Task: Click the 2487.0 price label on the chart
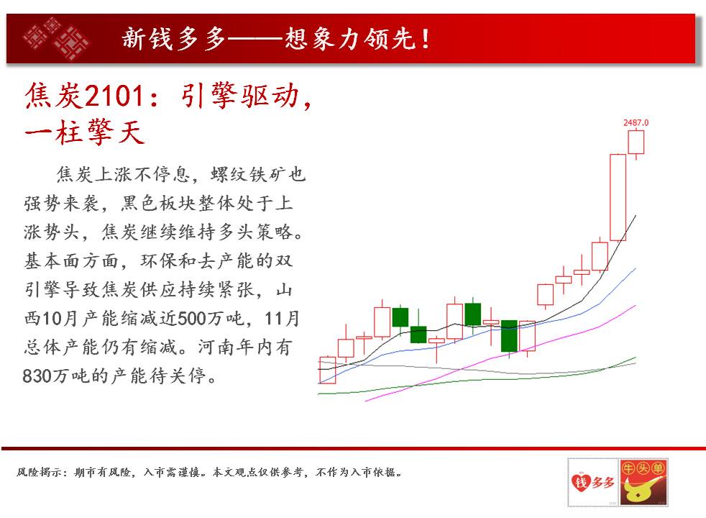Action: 636,122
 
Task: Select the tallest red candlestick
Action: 618,197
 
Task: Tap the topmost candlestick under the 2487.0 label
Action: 636,142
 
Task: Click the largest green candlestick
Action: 509,336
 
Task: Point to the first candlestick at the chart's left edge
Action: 327,371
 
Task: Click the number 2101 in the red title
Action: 114,96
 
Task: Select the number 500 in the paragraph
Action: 193,319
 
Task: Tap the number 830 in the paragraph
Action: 37,376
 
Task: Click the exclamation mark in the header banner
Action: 426,39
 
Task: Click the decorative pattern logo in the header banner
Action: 56,38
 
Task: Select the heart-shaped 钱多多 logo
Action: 592,482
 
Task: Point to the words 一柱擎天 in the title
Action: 85,132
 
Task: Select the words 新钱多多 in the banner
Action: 174,39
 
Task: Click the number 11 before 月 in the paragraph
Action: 274,319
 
